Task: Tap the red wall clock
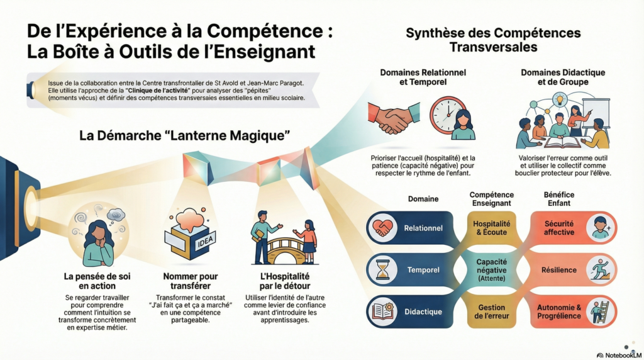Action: [x=448, y=115]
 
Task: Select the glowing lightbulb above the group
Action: [x=558, y=99]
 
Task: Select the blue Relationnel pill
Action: [x=411, y=228]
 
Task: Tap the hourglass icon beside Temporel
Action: [x=383, y=270]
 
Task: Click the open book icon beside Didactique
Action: [x=383, y=312]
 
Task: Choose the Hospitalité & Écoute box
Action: [x=491, y=228]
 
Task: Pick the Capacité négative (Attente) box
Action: [x=491, y=270]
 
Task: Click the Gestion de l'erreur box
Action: [x=491, y=312]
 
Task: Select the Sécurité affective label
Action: [x=559, y=228]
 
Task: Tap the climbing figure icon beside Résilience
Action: [x=601, y=270]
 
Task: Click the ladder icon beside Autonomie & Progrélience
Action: [x=600, y=312]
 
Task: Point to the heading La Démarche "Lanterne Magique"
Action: [x=184, y=135]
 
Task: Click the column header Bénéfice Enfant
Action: [x=559, y=199]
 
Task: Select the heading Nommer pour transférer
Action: [x=190, y=281]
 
